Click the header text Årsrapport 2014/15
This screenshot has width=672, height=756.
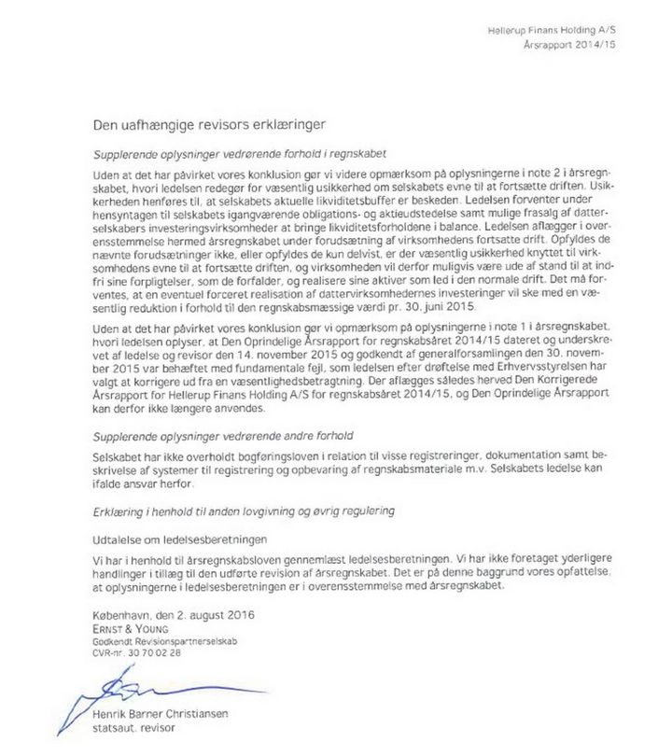(571, 45)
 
